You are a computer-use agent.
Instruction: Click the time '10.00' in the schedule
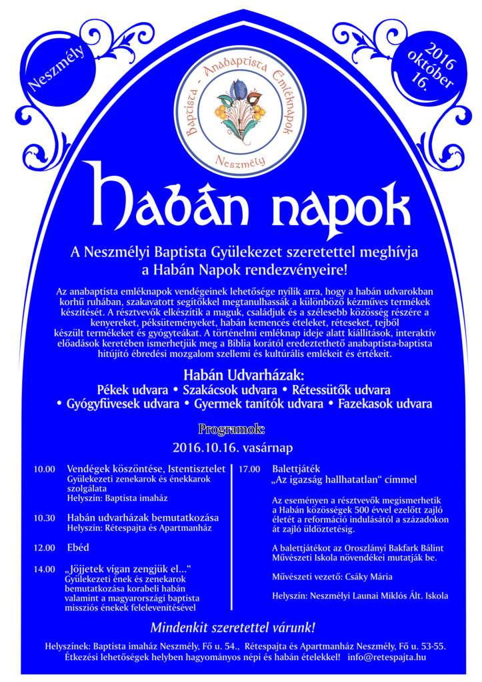44,469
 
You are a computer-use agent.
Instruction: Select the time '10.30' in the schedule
44,517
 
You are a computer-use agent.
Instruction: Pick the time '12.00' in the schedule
44,547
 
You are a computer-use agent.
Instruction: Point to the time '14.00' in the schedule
44,569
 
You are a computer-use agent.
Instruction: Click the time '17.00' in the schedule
249,469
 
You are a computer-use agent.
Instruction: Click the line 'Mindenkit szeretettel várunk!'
232,627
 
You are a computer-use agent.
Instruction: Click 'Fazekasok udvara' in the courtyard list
385,404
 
